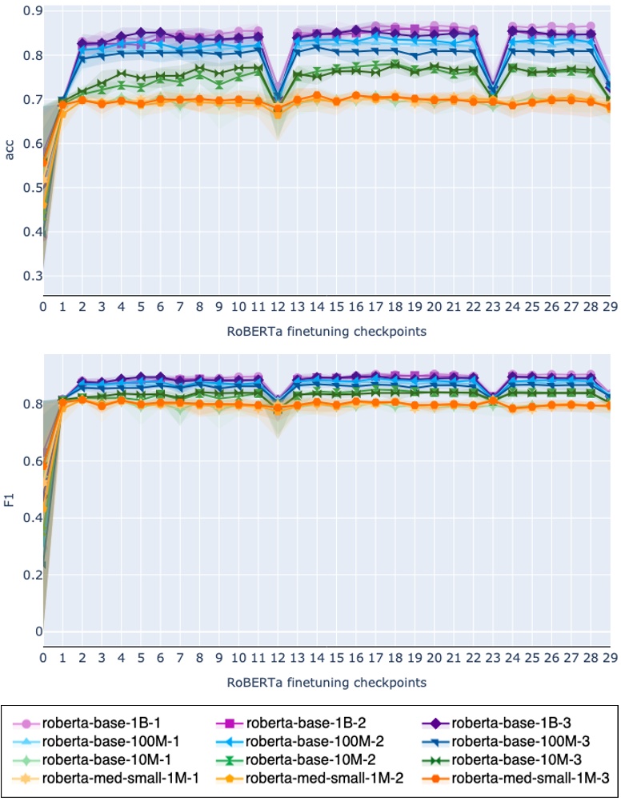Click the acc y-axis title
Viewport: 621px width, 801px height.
pos(10,150)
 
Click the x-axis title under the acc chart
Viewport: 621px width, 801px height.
pos(327,329)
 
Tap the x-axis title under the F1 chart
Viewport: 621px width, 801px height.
pos(327,682)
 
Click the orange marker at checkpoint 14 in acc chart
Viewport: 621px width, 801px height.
pos(318,96)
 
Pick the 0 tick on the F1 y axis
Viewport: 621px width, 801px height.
pos(35,632)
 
